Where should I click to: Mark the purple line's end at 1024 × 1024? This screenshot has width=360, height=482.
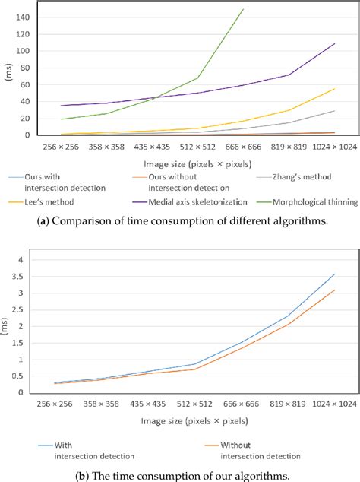335,43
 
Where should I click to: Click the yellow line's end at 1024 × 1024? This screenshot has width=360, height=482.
335,89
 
